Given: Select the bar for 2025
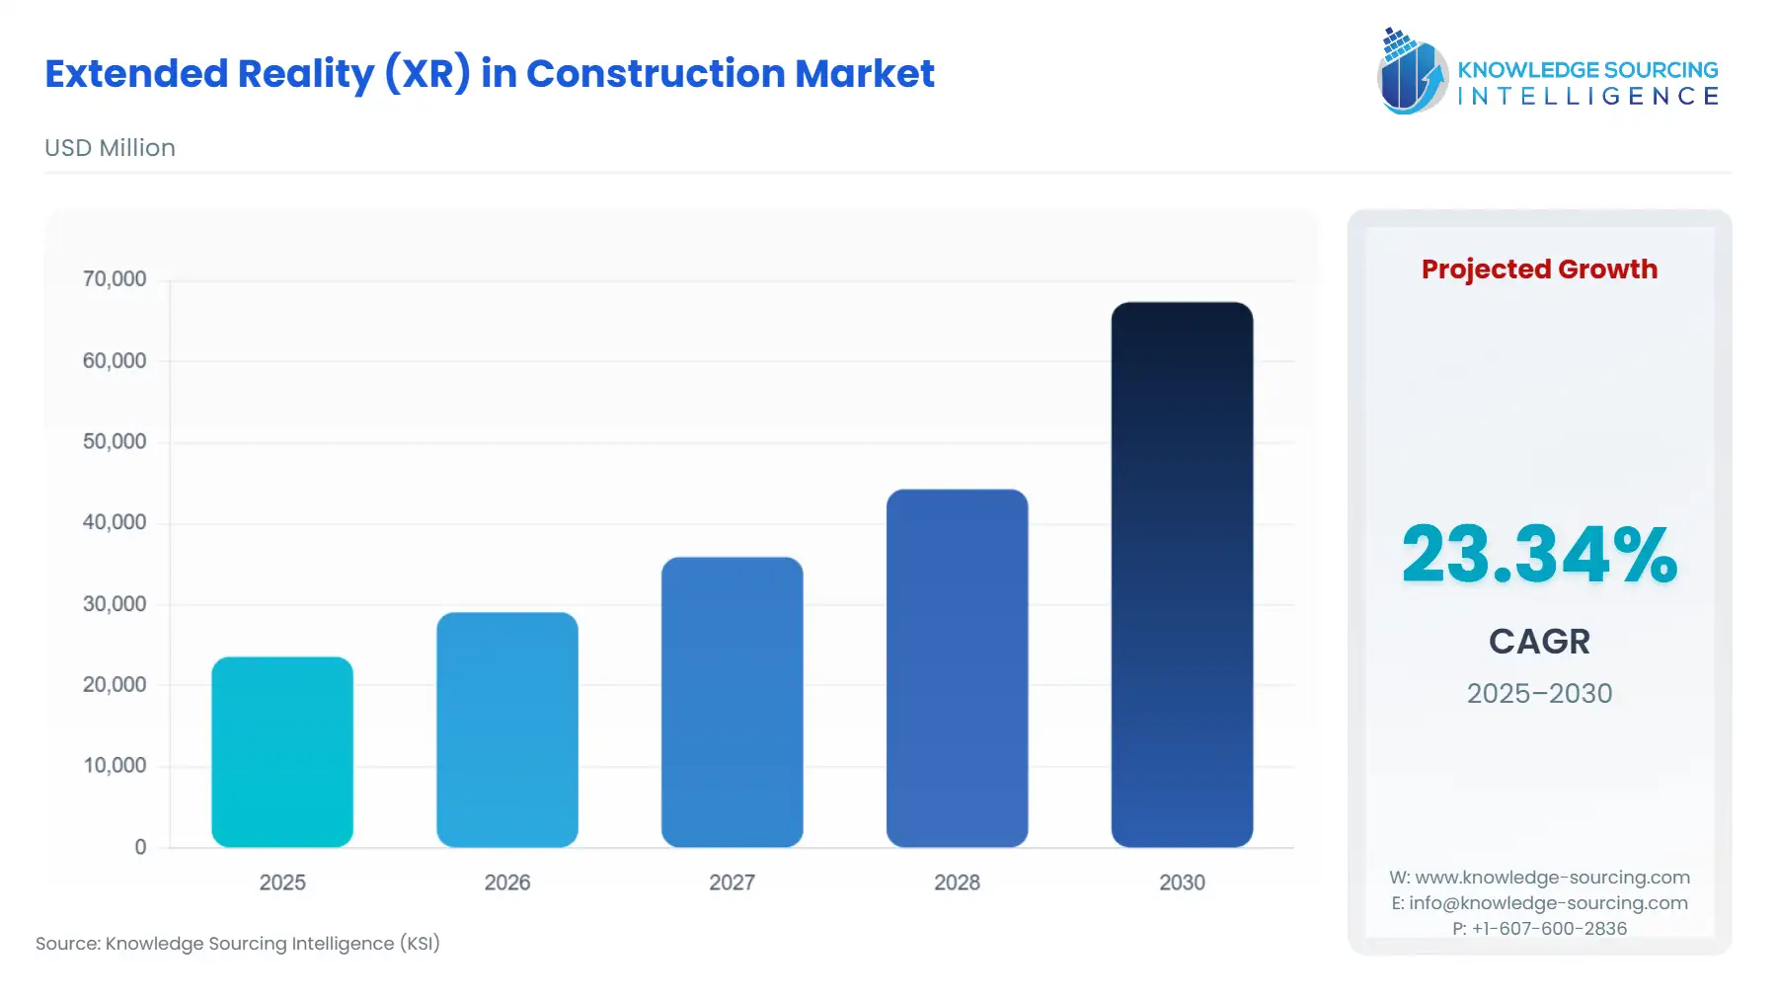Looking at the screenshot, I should click(x=282, y=752).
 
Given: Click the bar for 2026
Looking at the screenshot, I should click(x=507, y=730).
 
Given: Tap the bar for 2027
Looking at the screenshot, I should click(x=732, y=702).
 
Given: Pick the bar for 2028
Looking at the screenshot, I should click(x=957, y=668).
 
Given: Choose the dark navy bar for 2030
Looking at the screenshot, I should click(x=1182, y=575).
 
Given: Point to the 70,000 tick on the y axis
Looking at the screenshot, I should click(x=115, y=279).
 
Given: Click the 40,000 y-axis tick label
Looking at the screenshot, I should click(x=115, y=522).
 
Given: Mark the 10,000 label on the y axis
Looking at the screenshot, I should click(x=115, y=765).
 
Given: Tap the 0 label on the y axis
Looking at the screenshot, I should click(x=140, y=847).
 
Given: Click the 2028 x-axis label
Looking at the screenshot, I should click(x=957, y=883).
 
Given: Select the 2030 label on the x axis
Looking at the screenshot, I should click(x=1182, y=883).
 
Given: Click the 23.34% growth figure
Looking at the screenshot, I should click(x=1539, y=555).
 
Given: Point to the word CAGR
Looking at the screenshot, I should click(x=1539, y=642).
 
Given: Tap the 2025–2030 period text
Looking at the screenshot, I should click(x=1539, y=693).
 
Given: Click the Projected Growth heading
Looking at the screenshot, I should click(x=1539, y=269).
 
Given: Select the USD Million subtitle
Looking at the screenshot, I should click(x=110, y=148).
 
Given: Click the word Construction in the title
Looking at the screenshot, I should click(x=656, y=74).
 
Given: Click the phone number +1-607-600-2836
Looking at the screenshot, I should click(x=1548, y=928).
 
